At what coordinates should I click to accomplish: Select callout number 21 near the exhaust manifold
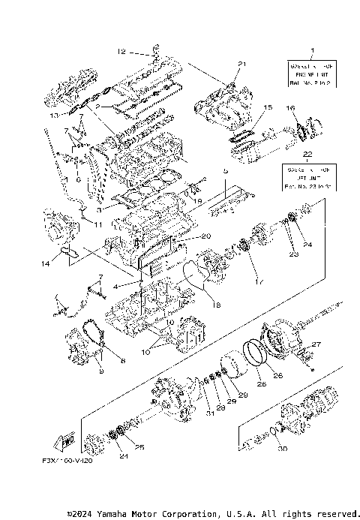(241, 64)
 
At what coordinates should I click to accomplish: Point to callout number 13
(53, 116)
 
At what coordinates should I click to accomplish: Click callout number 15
(268, 109)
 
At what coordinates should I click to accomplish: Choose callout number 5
(223, 171)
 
